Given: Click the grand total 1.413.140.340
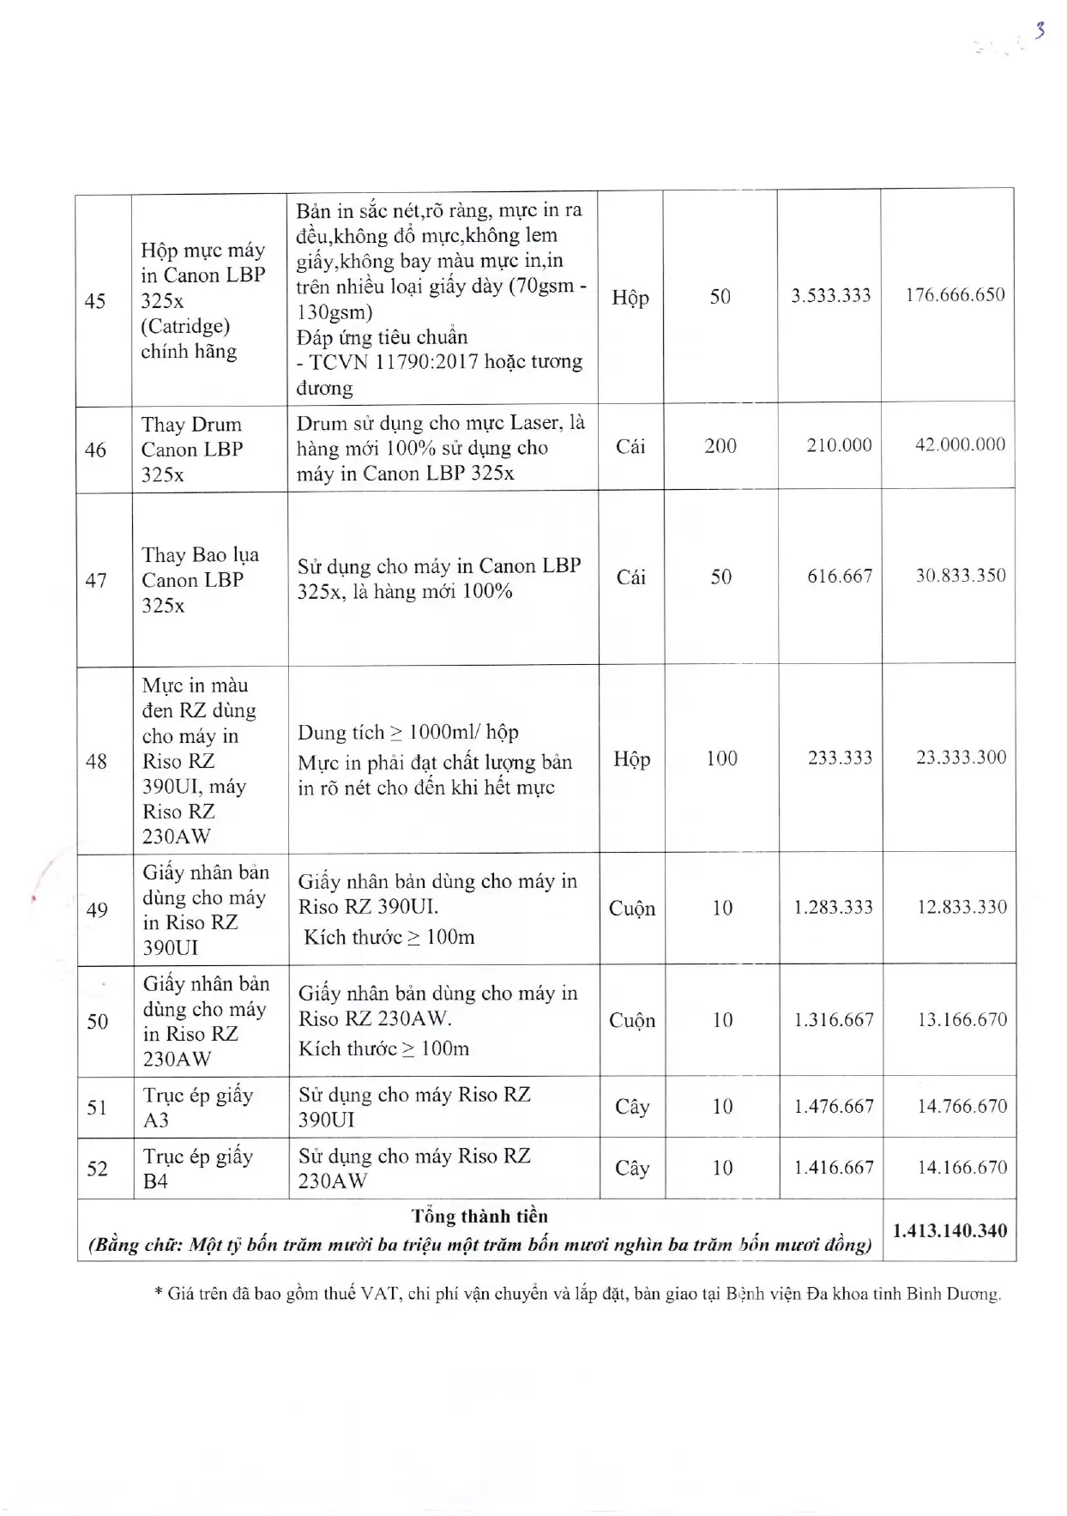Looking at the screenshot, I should (x=949, y=1231).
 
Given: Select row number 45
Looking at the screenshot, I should (x=95, y=300).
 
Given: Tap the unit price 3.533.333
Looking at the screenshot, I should (x=830, y=296).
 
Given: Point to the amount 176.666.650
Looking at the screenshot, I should (x=955, y=295).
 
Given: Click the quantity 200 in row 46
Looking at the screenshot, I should (x=720, y=445).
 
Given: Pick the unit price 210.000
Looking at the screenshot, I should (x=838, y=445).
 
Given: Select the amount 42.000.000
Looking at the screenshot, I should (x=960, y=444).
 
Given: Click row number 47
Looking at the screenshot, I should (x=96, y=581).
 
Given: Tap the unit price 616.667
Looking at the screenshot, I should (x=839, y=577).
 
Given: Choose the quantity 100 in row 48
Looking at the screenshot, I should (x=721, y=758).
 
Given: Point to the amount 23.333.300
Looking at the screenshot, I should (x=961, y=758).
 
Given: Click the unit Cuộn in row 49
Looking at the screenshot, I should (x=631, y=909).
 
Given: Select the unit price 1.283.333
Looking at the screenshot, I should (x=833, y=908).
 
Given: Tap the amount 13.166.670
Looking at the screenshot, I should (x=962, y=1020).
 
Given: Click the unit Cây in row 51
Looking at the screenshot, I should (x=632, y=1107).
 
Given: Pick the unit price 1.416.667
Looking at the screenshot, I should (x=833, y=1168).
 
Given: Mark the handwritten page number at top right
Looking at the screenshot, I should (x=1040, y=31).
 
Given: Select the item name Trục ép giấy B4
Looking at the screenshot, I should (x=197, y=1169).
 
